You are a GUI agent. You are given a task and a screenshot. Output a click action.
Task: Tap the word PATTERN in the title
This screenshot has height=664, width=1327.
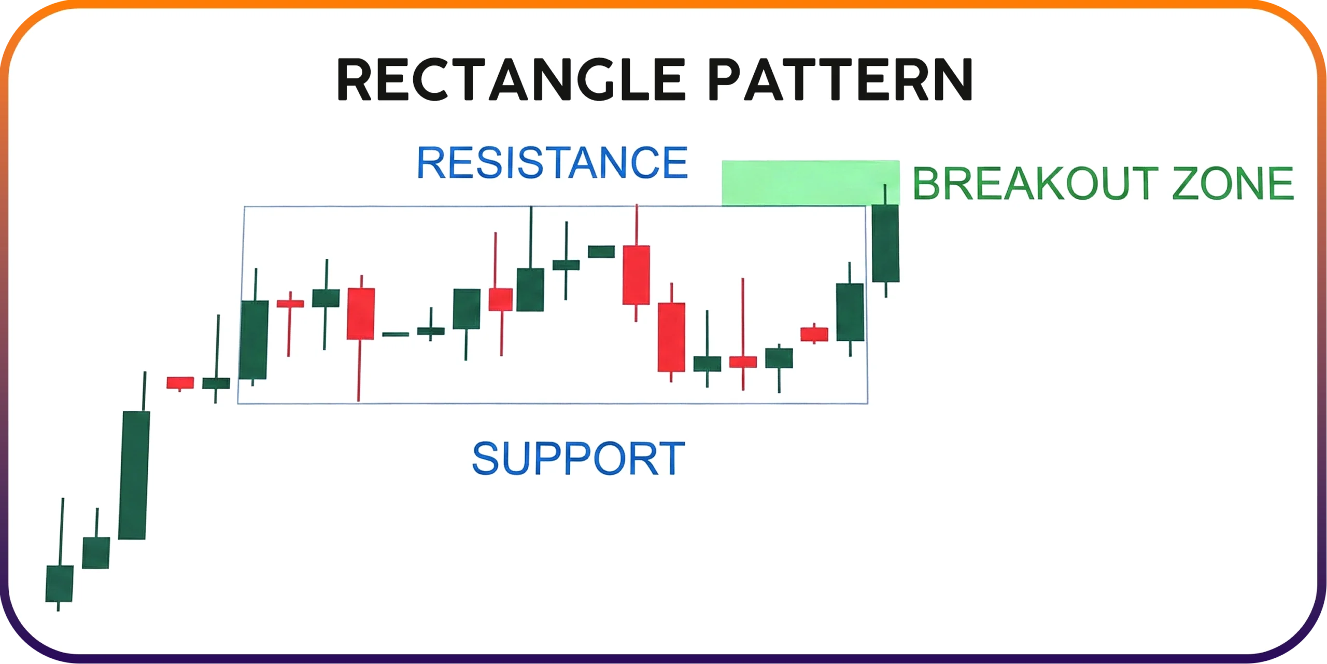tap(840, 79)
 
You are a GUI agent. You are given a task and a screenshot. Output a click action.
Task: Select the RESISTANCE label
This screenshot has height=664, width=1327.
tap(553, 163)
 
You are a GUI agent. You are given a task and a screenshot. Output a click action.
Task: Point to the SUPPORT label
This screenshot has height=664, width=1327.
tap(578, 458)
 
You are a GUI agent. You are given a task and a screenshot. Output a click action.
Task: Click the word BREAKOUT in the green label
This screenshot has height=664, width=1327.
tap(1035, 183)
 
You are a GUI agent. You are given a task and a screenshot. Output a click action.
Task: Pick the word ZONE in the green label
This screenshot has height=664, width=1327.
tap(1233, 183)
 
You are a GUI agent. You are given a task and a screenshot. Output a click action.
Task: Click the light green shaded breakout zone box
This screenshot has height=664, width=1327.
tap(810, 183)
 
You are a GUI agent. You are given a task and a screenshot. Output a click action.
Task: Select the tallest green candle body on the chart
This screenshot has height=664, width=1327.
tap(134, 475)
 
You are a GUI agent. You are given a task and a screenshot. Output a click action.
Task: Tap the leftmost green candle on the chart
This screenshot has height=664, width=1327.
tap(60, 583)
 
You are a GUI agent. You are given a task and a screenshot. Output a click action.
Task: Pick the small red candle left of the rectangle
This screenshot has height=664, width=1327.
tap(180, 383)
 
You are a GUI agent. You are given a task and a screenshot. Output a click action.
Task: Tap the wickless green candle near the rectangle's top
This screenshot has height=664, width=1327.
tap(601, 252)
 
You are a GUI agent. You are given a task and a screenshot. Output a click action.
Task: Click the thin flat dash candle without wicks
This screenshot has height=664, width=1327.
tap(396, 335)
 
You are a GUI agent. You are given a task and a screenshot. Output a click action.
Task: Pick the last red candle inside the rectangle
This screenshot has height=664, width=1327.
tap(814, 334)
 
